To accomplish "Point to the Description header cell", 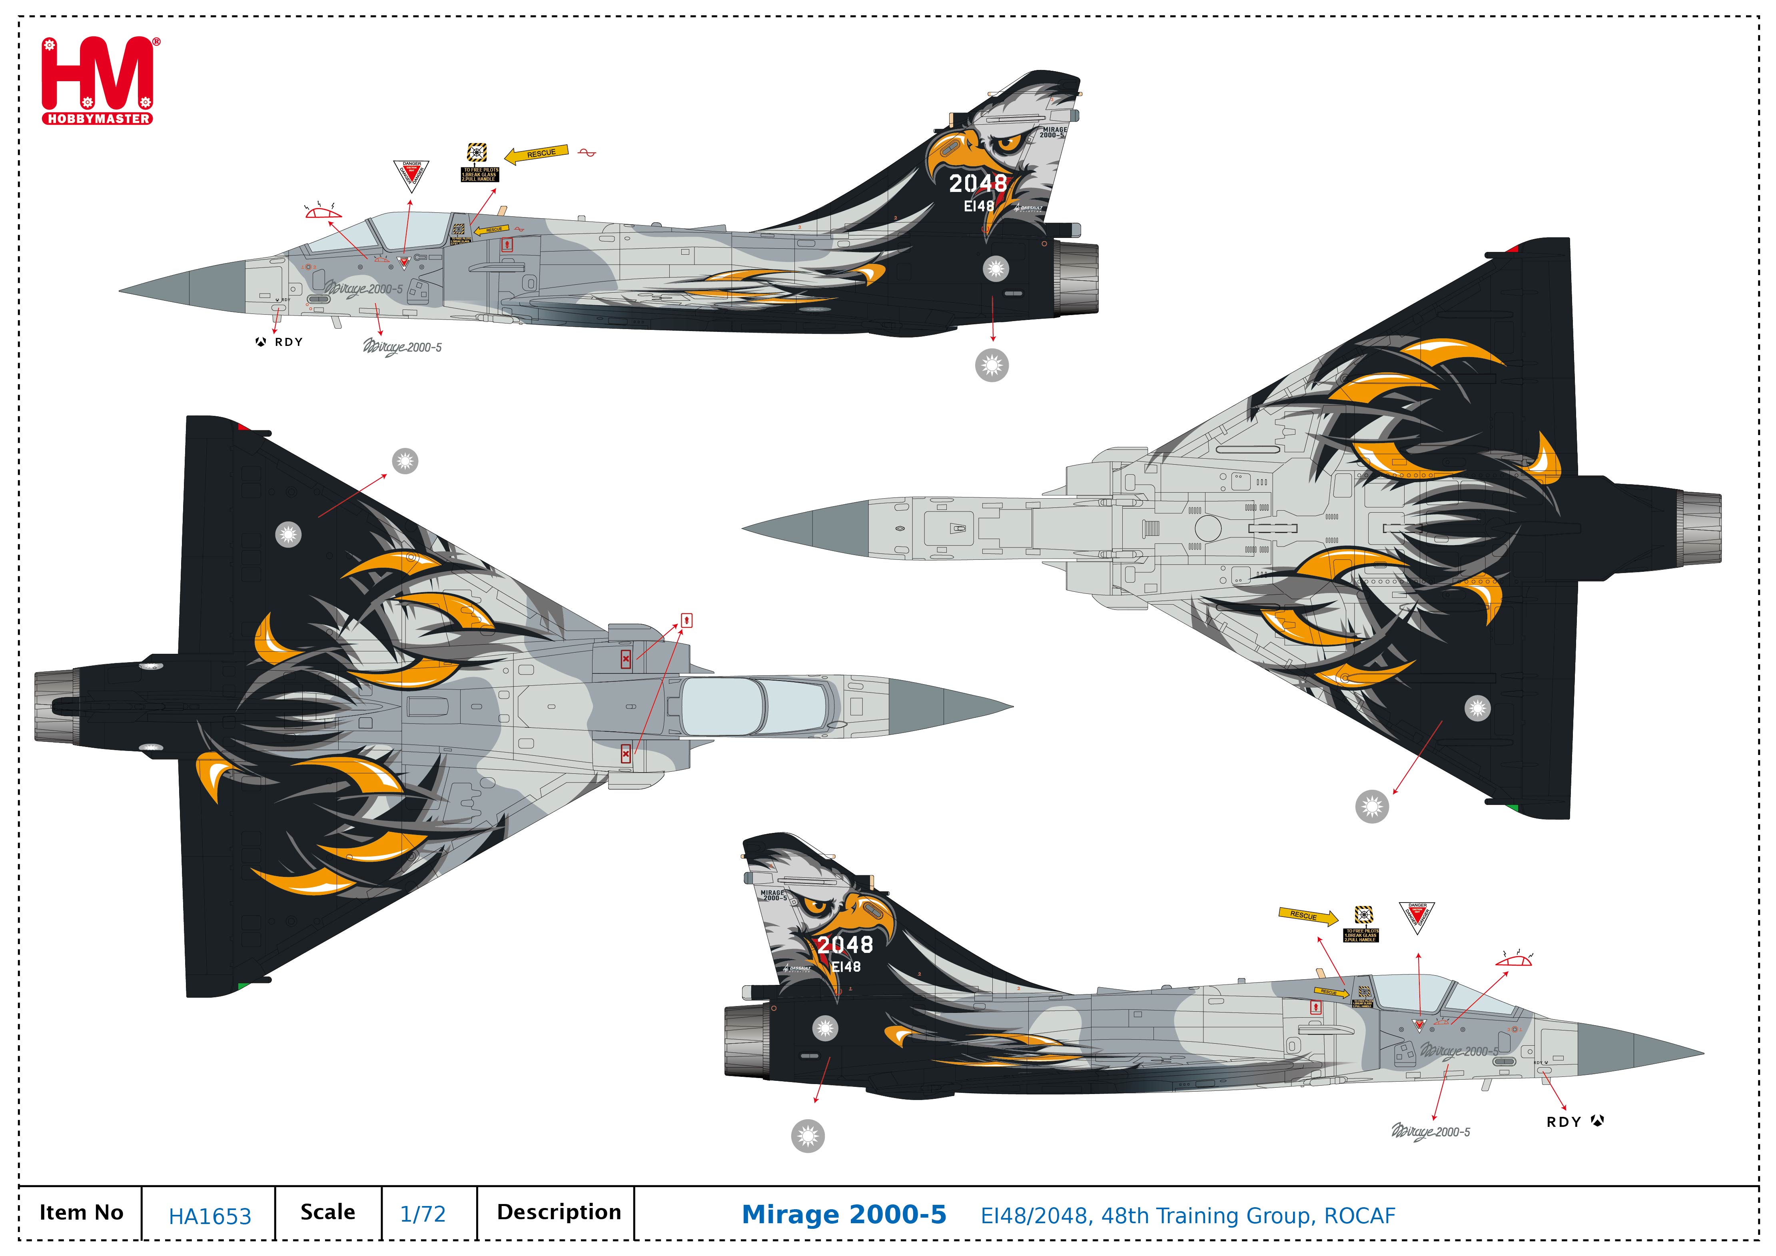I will click(559, 1212).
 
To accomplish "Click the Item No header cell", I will click(81, 1212).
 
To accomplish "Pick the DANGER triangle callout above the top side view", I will click(411, 175).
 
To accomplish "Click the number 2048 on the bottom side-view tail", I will click(845, 944).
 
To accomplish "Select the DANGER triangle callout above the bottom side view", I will click(1416, 916).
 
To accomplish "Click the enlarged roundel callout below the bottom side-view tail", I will click(808, 1136).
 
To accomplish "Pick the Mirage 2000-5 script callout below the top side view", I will click(402, 347).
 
